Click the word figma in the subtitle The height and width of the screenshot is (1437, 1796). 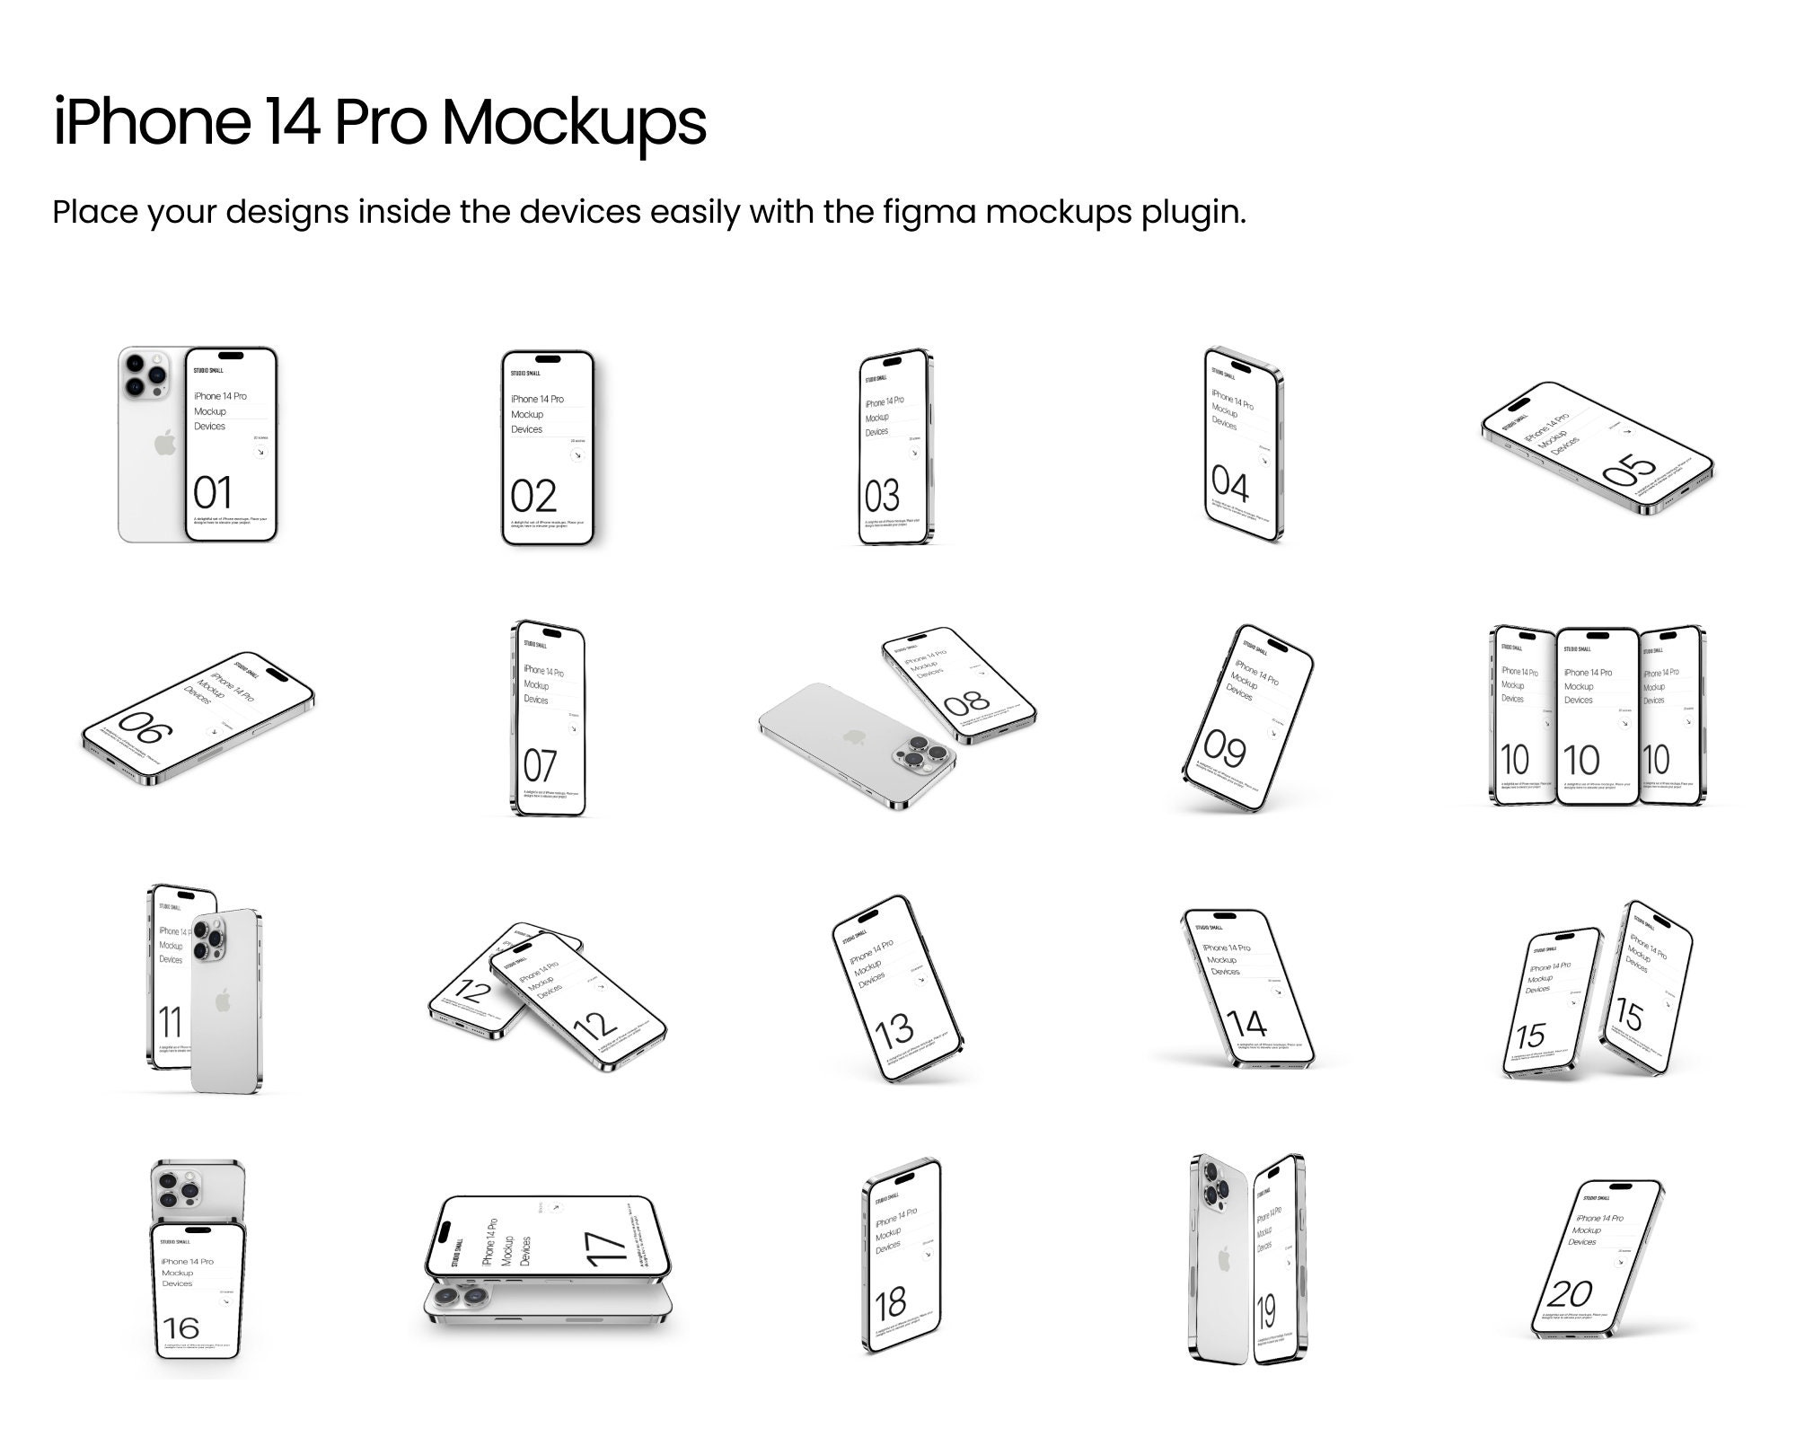pyautogui.click(x=929, y=212)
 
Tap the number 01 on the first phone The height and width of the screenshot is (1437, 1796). pyautogui.click(x=213, y=493)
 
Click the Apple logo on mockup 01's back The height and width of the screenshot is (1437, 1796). pyautogui.click(x=164, y=442)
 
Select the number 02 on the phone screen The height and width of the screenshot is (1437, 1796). pyautogui.click(x=533, y=497)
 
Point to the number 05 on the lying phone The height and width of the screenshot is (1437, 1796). pyautogui.click(x=1628, y=469)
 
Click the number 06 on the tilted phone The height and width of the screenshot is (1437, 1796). pyautogui.click(x=144, y=728)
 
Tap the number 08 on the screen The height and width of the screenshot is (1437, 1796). pyautogui.click(x=967, y=701)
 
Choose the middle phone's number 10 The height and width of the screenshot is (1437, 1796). pyautogui.click(x=1581, y=761)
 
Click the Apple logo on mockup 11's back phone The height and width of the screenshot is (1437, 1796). pyautogui.click(x=223, y=1000)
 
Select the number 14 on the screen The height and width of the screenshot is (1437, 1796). pyautogui.click(x=1246, y=1023)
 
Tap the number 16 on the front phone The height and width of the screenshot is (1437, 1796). pyautogui.click(x=181, y=1327)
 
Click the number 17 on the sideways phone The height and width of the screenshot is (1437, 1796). pyautogui.click(x=604, y=1249)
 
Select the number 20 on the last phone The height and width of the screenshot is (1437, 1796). pyautogui.click(x=1571, y=1294)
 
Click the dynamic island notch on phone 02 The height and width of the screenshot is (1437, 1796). pyautogui.click(x=547, y=359)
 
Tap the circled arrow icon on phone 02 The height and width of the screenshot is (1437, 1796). pyautogui.click(x=577, y=455)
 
